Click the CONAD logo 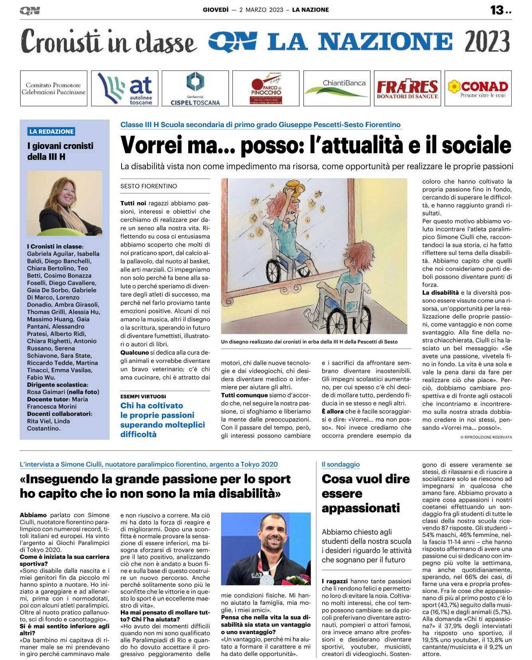tap(478, 88)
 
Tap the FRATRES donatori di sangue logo tap(407, 88)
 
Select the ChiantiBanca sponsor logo tap(337, 88)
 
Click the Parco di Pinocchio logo tap(266, 88)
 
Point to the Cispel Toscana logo tap(195, 88)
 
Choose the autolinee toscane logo tap(125, 88)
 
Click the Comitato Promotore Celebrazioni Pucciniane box tap(53, 88)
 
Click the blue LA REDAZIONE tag tap(52, 131)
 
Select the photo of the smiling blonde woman tap(65, 203)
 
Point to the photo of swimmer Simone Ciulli tap(266, 548)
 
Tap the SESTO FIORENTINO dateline tap(149, 186)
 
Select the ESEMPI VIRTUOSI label tap(143, 396)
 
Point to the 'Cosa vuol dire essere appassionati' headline tap(365, 493)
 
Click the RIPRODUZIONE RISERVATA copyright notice tap(486, 437)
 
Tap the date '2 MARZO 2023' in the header tap(261, 10)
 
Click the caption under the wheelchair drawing tap(309, 342)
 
